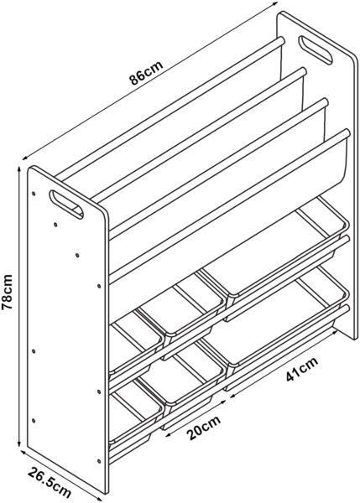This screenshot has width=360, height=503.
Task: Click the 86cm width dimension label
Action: [146, 72]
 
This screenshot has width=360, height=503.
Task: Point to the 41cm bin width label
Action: [302, 369]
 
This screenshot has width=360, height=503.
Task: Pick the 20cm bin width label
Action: [204, 428]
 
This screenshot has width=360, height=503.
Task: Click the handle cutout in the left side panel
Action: [66, 205]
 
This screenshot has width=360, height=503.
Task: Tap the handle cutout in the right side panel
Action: [316, 50]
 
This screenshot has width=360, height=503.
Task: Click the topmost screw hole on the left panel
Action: [34, 194]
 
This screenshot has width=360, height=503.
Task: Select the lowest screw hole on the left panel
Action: [98, 461]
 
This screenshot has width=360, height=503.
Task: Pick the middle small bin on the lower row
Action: [180, 379]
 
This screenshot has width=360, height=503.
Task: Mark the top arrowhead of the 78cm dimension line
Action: [20, 169]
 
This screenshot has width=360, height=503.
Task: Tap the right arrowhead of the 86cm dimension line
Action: [274, 3]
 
